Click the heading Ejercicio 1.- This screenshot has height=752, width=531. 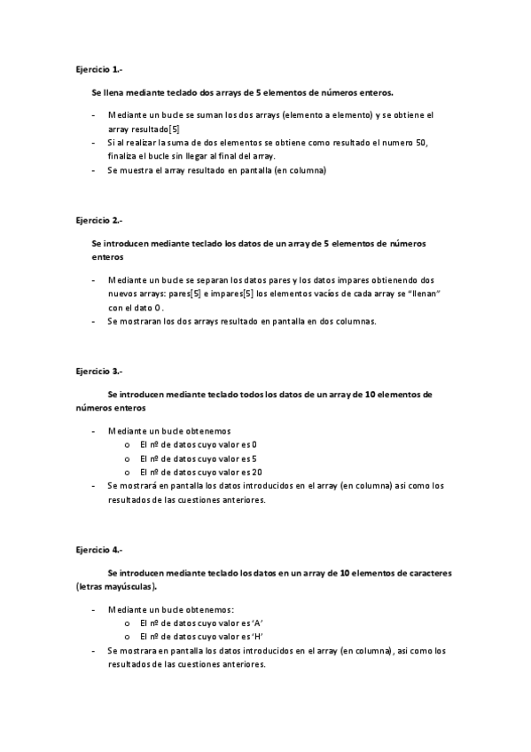pos(99,68)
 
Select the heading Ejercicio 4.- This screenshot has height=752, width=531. pos(99,550)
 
